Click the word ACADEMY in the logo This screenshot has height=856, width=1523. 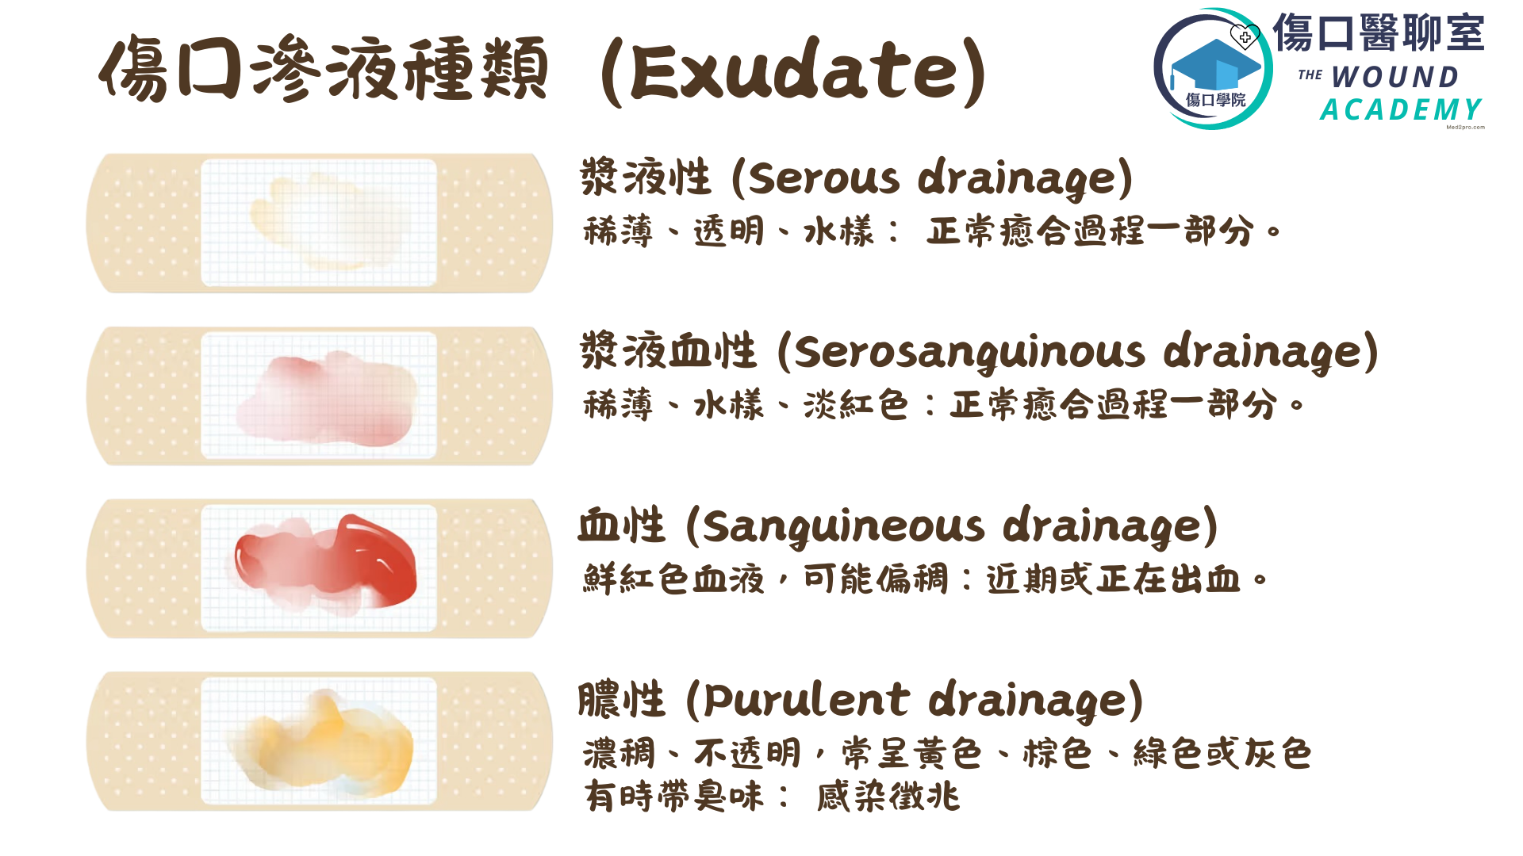[x=1401, y=109]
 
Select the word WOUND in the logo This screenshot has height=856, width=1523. [x=1395, y=77]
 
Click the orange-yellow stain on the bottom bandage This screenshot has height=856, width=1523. [x=321, y=741]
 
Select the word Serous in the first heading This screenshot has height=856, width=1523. [x=824, y=178]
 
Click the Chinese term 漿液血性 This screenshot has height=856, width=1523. [x=669, y=351]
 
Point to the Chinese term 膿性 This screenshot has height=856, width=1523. [x=621, y=699]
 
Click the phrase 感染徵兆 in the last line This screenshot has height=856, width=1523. [x=888, y=797]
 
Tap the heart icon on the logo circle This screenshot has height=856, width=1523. [x=1245, y=36]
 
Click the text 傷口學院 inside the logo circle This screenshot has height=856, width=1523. [x=1215, y=100]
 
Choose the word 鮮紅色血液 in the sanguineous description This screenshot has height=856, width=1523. [x=673, y=579]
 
